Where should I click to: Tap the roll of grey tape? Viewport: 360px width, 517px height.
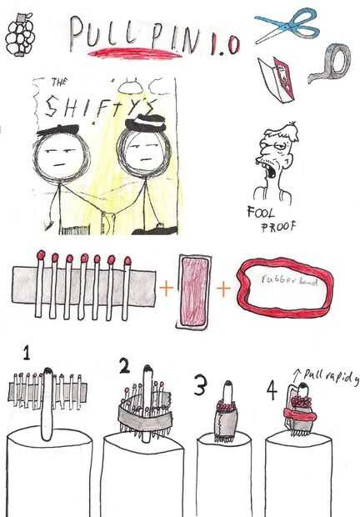pyautogui.click(x=331, y=63)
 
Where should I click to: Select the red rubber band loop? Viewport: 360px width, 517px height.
pyautogui.click(x=285, y=286)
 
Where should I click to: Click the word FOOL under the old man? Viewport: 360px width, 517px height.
pyautogui.click(x=260, y=212)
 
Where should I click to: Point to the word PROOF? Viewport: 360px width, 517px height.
pyautogui.click(x=278, y=226)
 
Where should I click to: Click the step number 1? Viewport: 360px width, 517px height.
pyautogui.click(x=27, y=353)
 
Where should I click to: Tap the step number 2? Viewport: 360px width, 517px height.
pyautogui.click(x=124, y=366)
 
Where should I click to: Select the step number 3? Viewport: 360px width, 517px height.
pyautogui.click(x=201, y=384)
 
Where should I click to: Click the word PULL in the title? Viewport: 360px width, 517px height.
pyautogui.click(x=103, y=33)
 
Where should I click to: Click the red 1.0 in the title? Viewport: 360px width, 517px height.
pyautogui.click(x=225, y=44)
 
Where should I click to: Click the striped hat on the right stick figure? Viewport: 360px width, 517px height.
pyautogui.click(x=146, y=123)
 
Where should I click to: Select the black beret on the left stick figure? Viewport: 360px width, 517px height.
pyautogui.click(x=58, y=129)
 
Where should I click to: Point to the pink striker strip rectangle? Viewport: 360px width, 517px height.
pyautogui.click(x=193, y=292)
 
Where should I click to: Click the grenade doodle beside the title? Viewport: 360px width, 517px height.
pyautogui.click(x=20, y=35)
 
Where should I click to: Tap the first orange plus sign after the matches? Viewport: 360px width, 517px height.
pyautogui.click(x=167, y=288)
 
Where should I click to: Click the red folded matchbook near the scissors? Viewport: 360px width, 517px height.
pyautogui.click(x=276, y=79)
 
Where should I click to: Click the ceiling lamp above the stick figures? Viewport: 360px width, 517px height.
pyautogui.click(x=131, y=87)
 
